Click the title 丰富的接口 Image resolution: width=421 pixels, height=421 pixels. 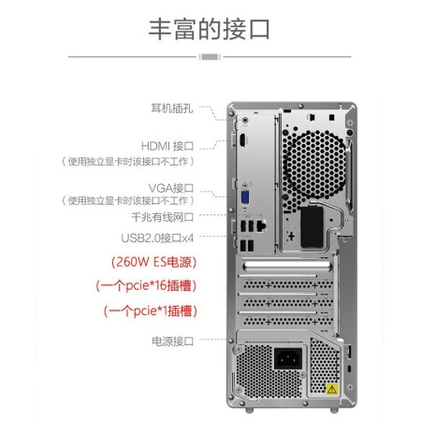pos(209,29)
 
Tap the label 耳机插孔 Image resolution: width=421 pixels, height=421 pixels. pos(172,109)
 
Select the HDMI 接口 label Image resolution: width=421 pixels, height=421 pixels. pos(167,146)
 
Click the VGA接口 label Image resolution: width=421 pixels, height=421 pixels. pos(171,188)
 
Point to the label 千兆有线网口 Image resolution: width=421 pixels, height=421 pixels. pos(162,217)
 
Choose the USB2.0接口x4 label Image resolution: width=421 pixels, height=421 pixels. pos(157,239)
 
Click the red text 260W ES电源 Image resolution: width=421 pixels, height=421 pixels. pos(153,262)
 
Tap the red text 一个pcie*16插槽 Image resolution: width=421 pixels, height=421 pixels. pos(146,285)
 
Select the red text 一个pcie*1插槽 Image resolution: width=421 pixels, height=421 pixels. pos(151,311)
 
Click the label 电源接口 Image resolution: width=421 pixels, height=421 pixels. pos(172,341)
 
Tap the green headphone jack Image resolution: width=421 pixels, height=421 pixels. pos(245,120)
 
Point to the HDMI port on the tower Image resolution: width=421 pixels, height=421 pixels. pos(242,140)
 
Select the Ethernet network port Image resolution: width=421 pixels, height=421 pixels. pos(261,225)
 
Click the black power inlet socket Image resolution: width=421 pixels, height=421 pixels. pos(288,357)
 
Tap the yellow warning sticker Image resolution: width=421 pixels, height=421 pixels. pos(332,389)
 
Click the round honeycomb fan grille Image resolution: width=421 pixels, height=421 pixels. pos(314,165)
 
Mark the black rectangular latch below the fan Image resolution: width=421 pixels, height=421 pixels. pos(312,227)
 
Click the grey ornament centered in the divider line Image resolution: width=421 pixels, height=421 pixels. pos(210,57)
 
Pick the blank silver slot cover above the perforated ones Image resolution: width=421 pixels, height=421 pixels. pos(287,266)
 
